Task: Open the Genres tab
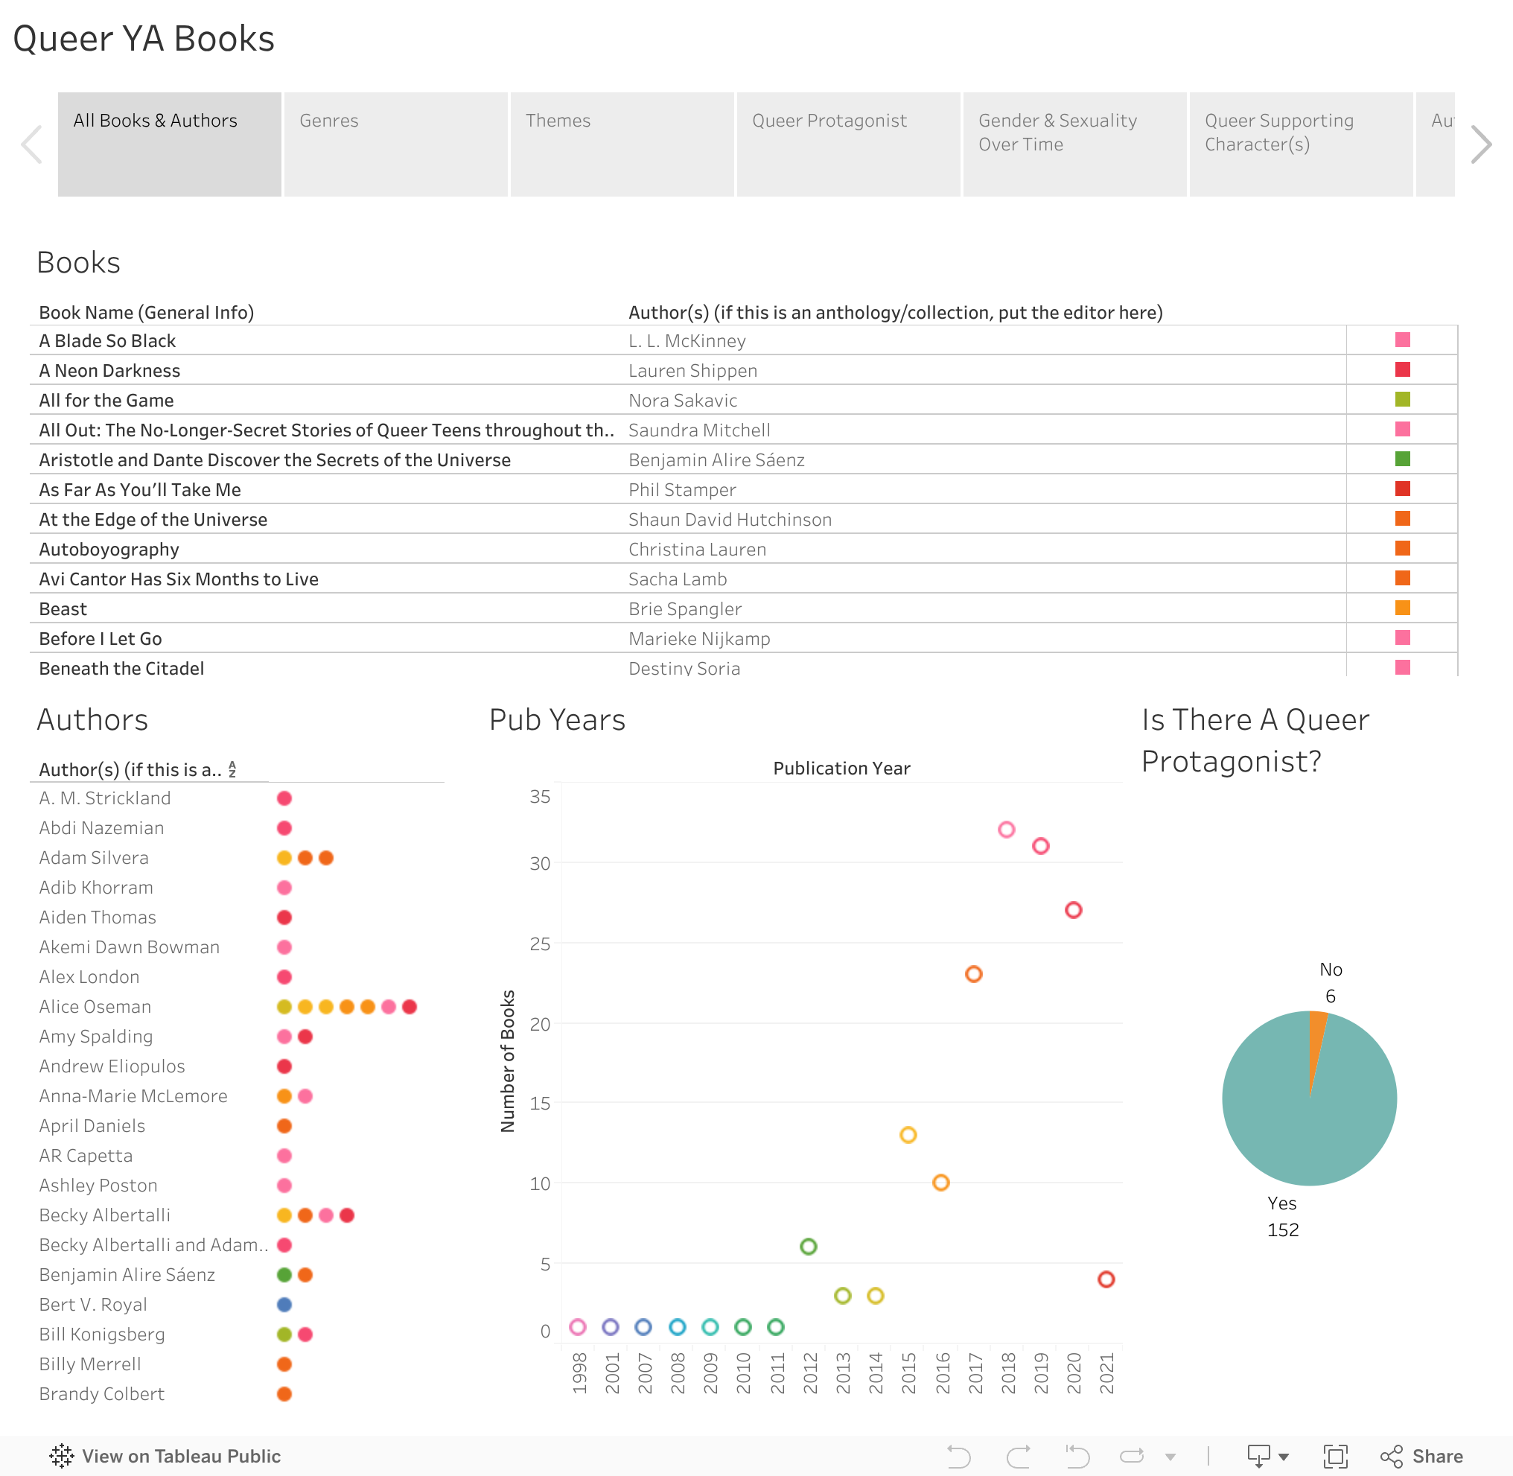[395, 144]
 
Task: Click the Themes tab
[622, 144]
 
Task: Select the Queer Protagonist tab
[848, 144]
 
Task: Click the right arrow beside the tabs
[1480, 144]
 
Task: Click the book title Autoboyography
[109, 549]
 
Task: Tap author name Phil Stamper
[682, 490]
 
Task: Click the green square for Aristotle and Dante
[1402, 459]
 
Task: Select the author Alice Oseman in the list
[95, 1006]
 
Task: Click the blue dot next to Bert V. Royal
[284, 1305]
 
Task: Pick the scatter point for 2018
[1006, 830]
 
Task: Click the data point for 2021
[1106, 1279]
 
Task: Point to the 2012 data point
[809, 1247]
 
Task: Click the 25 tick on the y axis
[541, 944]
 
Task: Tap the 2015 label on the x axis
[908, 1373]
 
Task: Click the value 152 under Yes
[1283, 1230]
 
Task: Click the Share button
[1423, 1456]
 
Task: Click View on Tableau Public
[166, 1456]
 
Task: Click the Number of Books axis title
[508, 1060]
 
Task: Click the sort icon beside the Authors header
[232, 769]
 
